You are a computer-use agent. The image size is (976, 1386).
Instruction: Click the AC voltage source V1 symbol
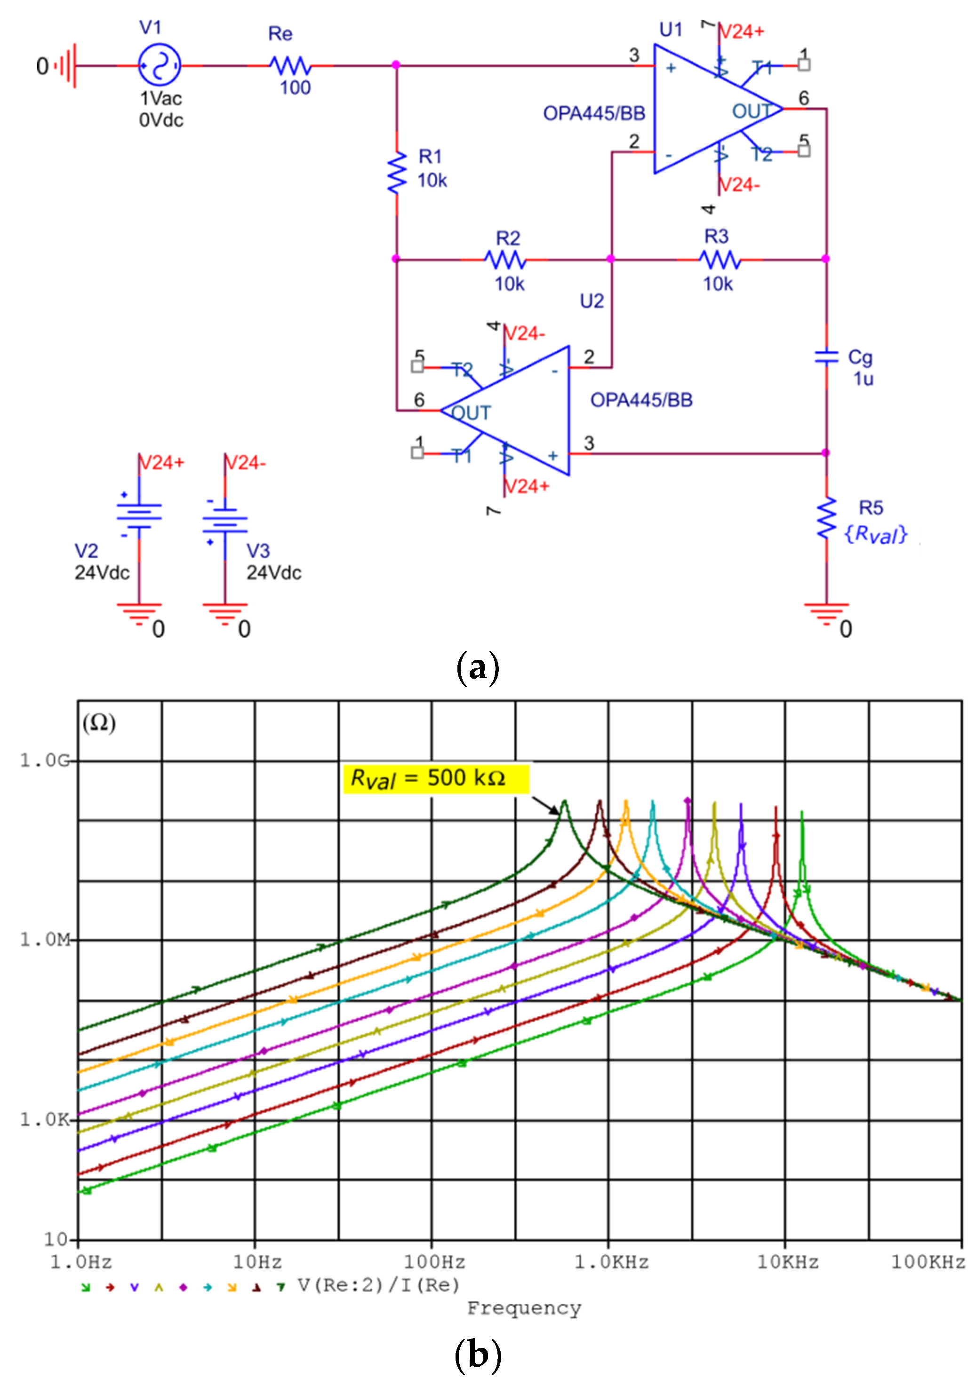click(x=159, y=65)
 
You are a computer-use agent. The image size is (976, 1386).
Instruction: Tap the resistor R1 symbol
click(x=397, y=173)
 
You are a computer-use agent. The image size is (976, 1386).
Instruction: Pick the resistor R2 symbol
click(x=505, y=260)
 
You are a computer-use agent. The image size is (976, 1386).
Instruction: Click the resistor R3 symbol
click(x=720, y=260)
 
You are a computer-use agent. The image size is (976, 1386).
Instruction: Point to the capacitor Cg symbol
click(x=826, y=357)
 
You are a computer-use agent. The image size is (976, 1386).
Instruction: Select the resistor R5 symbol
click(x=826, y=518)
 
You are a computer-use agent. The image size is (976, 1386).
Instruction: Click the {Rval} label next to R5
click(x=876, y=534)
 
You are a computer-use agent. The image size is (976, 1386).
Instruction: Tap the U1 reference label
click(x=671, y=29)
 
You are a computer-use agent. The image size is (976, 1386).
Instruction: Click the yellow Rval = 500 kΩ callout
click(x=435, y=779)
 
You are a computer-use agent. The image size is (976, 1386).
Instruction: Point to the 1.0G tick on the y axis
click(x=45, y=760)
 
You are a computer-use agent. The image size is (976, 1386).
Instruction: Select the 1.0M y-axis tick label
click(x=45, y=939)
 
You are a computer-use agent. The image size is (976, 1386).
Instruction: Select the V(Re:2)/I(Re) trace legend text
click(x=378, y=1285)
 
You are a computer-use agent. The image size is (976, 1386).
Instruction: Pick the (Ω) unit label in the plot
click(x=99, y=722)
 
